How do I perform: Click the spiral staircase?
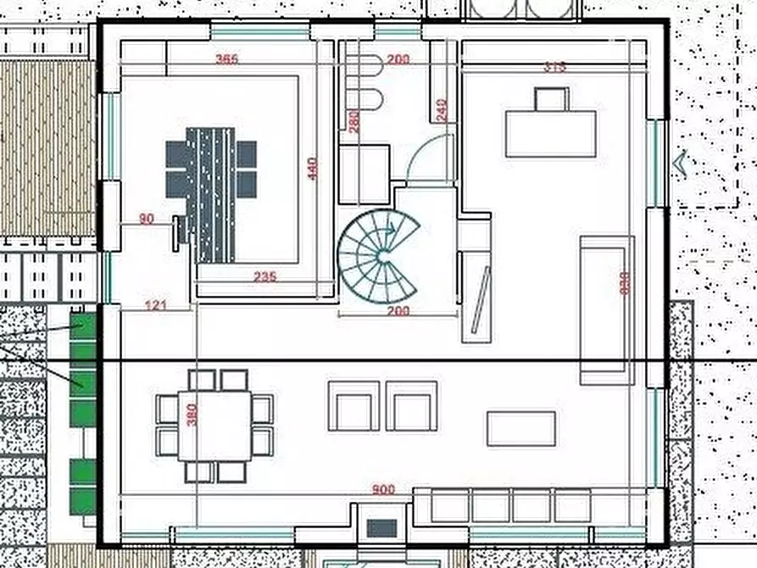pyautogui.click(x=379, y=253)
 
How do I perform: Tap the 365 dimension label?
pyautogui.click(x=226, y=59)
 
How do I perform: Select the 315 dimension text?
pyautogui.click(x=554, y=67)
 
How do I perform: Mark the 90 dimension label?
pyautogui.click(x=146, y=219)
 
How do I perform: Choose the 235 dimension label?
pyautogui.click(x=265, y=276)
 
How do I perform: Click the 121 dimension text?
pyautogui.click(x=155, y=305)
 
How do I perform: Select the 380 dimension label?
pyautogui.click(x=192, y=415)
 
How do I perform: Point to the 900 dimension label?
pyautogui.click(x=384, y=489)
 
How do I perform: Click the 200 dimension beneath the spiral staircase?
pyautogui.click(x=398, y=311)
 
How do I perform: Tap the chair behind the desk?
pyautogui.click(x=552, y=99)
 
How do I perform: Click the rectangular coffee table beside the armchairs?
pyautogui.click(x=520, y=428)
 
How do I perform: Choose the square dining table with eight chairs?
pyautogui.click(x=214, y=426)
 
